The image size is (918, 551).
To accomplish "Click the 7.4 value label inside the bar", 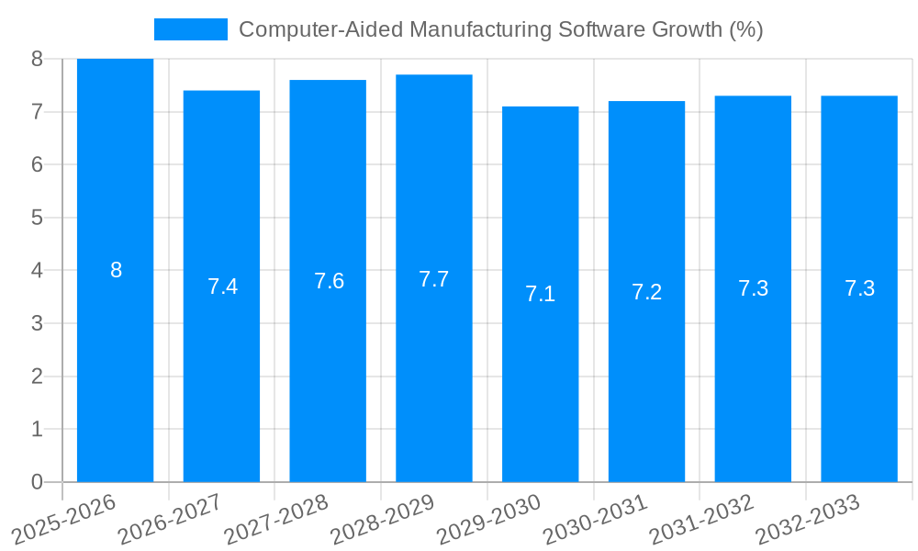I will (222, 287).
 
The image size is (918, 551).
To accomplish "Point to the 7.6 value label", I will (329, 281).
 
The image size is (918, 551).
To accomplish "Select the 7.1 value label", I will (540, 294).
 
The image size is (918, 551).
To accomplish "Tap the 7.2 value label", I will (646, 292).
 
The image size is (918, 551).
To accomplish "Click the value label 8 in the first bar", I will (116, 270).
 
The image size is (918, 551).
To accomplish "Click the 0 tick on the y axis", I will (37, 482).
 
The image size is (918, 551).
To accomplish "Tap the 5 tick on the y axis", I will (37, 218).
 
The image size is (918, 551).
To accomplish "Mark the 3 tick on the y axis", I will (37, 323).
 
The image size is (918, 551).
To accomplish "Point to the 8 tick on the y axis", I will (37, 59).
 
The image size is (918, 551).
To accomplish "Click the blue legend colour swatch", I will (190, 29).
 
